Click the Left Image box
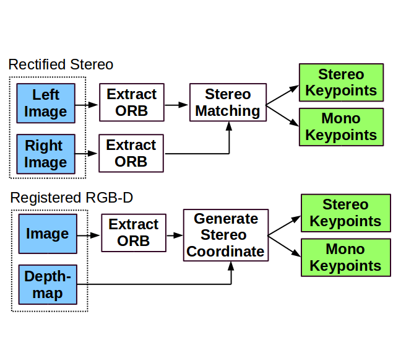pos(46,103)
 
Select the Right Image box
pos(46,154)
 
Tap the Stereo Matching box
pos(228,102)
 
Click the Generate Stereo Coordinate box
pos(226,235)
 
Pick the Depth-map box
pos(48,284)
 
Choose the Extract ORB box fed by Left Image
pos(132,102)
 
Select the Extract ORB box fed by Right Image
pos(131,153)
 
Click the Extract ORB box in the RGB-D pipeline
pos(134,233)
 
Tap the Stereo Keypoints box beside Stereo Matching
pos(342,82)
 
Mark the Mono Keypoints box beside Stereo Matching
pos(342,127)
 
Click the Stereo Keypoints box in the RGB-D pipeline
pos(346,213)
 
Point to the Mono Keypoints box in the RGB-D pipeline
pos(346,258)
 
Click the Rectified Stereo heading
pos(61,64)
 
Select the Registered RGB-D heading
pos(72,198)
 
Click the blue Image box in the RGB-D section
pos(48,234)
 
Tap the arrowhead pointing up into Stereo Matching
pos(229,126)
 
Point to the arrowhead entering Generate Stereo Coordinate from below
pos(231,266)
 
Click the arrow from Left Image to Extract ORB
pos(87,105)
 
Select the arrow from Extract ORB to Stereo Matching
pos(176,105)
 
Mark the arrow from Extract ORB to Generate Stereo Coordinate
pos(175,235)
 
